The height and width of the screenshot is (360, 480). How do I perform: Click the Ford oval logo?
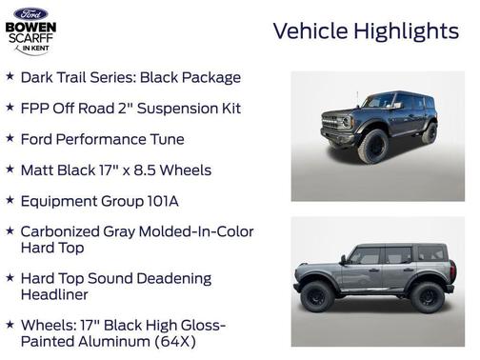(x=30, y=12)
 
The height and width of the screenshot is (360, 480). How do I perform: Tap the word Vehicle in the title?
(x=310, y=30)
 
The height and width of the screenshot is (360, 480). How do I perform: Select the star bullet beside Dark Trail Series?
(x=10, y=77)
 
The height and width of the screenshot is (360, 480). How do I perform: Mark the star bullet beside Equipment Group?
(x=10, y=201)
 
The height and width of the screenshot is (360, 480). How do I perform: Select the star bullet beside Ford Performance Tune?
(x=10, y=139)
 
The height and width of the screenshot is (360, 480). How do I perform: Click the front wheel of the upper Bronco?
(x=371, y=148)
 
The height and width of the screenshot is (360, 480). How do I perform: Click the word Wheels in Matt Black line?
(x=184, y=170)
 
